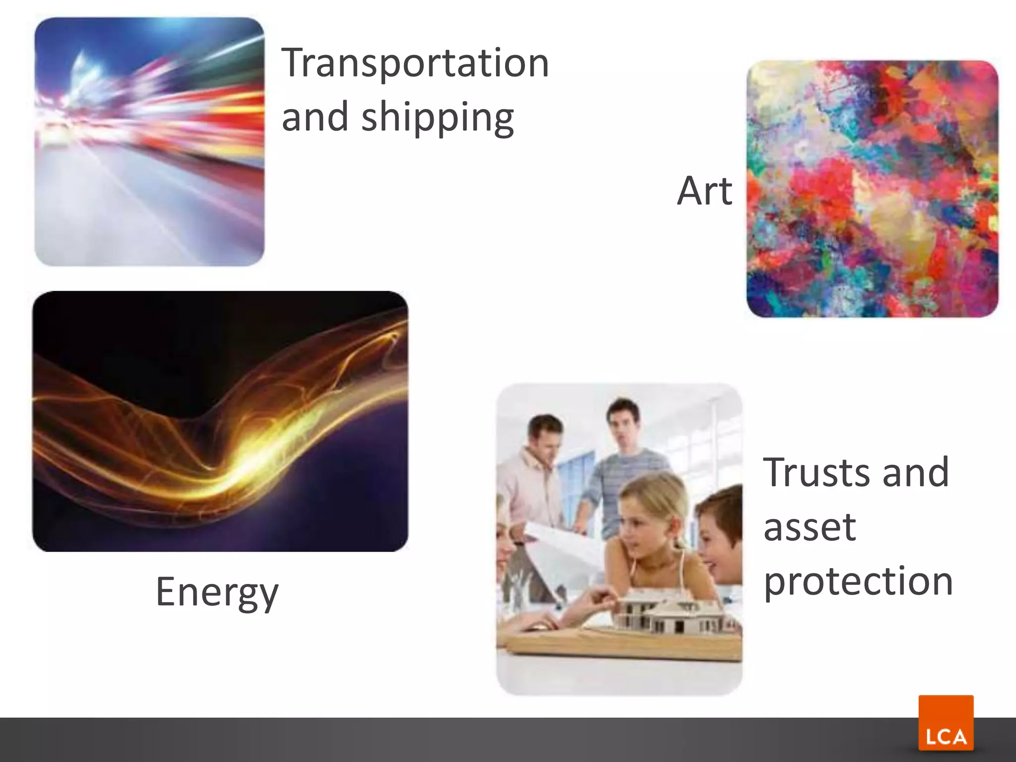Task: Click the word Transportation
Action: (415, 63)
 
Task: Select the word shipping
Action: (438, 118)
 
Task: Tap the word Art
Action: (704, 191)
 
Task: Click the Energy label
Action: (217, 591)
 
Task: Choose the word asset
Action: (810, 527)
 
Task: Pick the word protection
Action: (858, 581)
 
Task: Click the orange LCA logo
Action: (946, 723)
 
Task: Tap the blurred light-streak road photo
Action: (149, 142)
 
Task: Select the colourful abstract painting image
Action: (872, 189)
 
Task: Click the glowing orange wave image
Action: (220, 421)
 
